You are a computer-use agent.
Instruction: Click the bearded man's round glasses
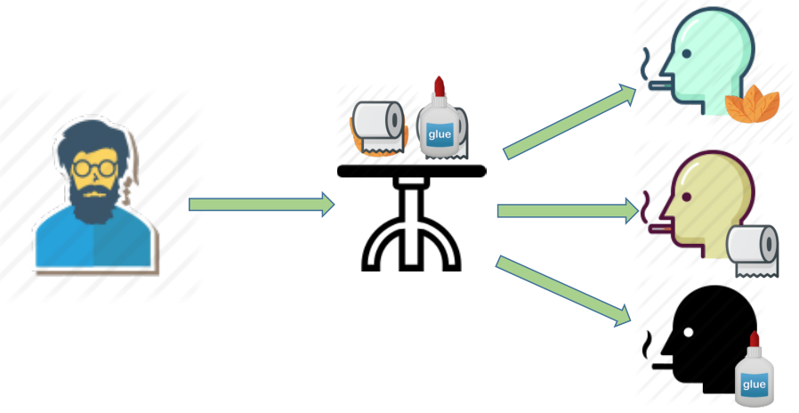pos(94,167)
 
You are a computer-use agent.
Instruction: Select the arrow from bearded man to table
pos(262,205)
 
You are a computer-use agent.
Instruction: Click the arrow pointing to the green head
pos(569,121)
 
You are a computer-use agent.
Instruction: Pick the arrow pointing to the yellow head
pos(568,211)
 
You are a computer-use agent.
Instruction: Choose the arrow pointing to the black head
pos(563,291)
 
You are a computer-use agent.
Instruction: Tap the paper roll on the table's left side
pos(379,127)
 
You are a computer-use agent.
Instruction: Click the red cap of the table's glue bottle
pos(440,86)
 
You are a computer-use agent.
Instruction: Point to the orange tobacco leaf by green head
pos(753,103)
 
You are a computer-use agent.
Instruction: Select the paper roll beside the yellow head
pos(753,250)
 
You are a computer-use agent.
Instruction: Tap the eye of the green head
pos(686,53)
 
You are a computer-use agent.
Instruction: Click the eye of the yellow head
pos(686,197)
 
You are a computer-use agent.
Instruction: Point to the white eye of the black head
pos(688,332)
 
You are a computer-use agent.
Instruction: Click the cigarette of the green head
pos(659,85)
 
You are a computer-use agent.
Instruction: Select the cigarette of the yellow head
pos(659,230)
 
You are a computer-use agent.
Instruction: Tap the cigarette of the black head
pos(661,366)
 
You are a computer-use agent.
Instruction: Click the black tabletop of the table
pos(412,171)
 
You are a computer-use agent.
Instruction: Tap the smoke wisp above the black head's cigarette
pos(647,344)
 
